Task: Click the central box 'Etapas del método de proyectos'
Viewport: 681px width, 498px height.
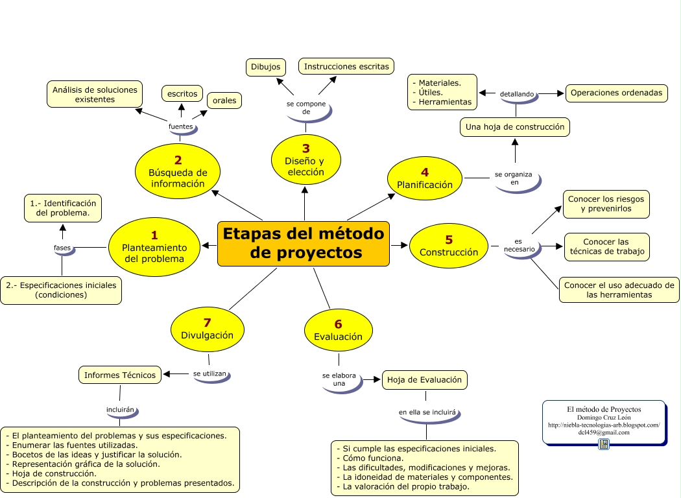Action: coord(304,243)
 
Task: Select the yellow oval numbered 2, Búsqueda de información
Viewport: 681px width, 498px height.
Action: coord(178,172)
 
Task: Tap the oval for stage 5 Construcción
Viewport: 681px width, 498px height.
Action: coord(448,245)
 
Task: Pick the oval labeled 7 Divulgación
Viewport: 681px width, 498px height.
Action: coord(207,329)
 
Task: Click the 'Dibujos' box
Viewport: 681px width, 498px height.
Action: coord(266,67)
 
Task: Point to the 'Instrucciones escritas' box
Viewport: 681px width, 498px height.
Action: coord(346,66)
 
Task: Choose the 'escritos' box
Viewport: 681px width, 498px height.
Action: coord(182,94)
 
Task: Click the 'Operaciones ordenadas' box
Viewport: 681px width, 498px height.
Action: coord(616,93)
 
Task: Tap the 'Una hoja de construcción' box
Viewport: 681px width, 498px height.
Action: coord(515,127)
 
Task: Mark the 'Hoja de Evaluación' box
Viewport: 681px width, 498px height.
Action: coord(424,380)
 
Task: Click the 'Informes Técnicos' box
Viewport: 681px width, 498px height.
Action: coord(120,375)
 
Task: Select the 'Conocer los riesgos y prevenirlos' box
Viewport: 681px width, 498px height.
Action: coord(606,204)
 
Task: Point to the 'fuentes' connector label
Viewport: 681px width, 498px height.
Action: coord(181,126)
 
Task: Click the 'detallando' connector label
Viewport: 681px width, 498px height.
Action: coord(517,95)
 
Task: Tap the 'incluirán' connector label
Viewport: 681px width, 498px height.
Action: coord(120,410)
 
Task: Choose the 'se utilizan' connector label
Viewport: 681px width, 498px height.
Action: coord(210,374)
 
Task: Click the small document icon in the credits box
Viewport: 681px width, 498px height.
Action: coord(604,444)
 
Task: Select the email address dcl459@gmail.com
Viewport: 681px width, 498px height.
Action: coord(604,433)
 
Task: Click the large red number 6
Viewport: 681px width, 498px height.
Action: coord(338,324)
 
